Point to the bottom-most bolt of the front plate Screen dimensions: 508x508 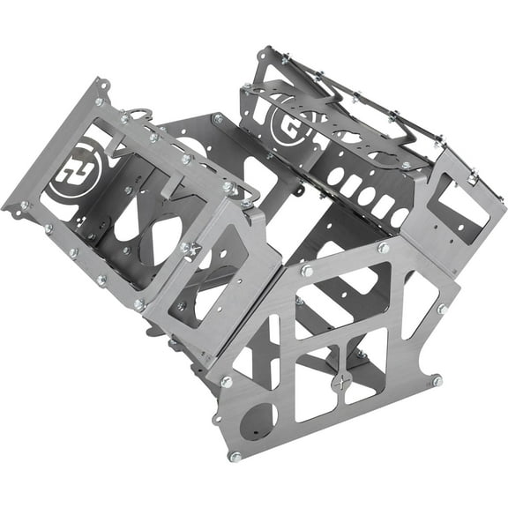pos(235,456)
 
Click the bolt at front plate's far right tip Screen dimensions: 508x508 pos(436,380)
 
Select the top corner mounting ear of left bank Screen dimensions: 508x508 pos(103,86)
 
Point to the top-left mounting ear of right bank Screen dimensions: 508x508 pos(264,55)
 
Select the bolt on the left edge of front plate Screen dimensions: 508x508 pos(225,382)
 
